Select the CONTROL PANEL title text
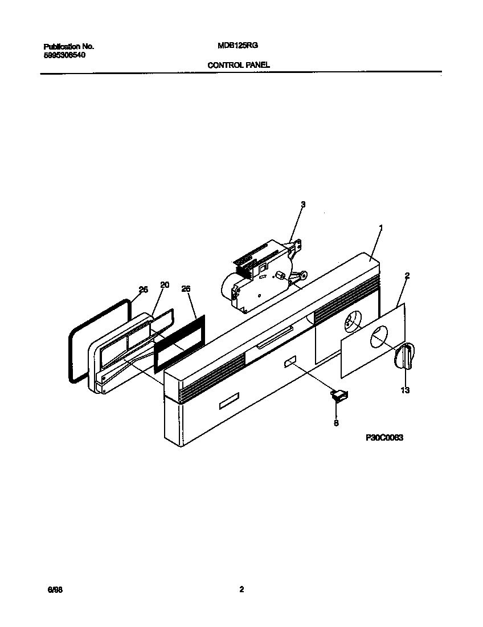pyautogui.click(x=239, y=65)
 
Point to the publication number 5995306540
pyautogui.click(x=66, y=55)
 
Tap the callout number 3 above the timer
pyautogui.click(x=303, y=205)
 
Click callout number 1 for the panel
pyautogui.click(x=381, y=228)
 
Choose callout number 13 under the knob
pyautogui.click(x=406, y=390)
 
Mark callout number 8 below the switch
pyautogui.click(x=336, y=423)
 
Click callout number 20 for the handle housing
pyautogui.click(x=165, y=285)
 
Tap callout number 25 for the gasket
pyautogui.click(x=143, y=290)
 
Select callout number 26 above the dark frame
pyautogui.click(x=186, y=289)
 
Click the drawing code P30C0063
pyautogui.click(x=384, y=437)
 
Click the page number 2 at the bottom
pyautogui.click(x=241, y=590)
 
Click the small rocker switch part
pyautogui.click(x=340, y=395)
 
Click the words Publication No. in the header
pyautogui.click(x=69, y=46)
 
